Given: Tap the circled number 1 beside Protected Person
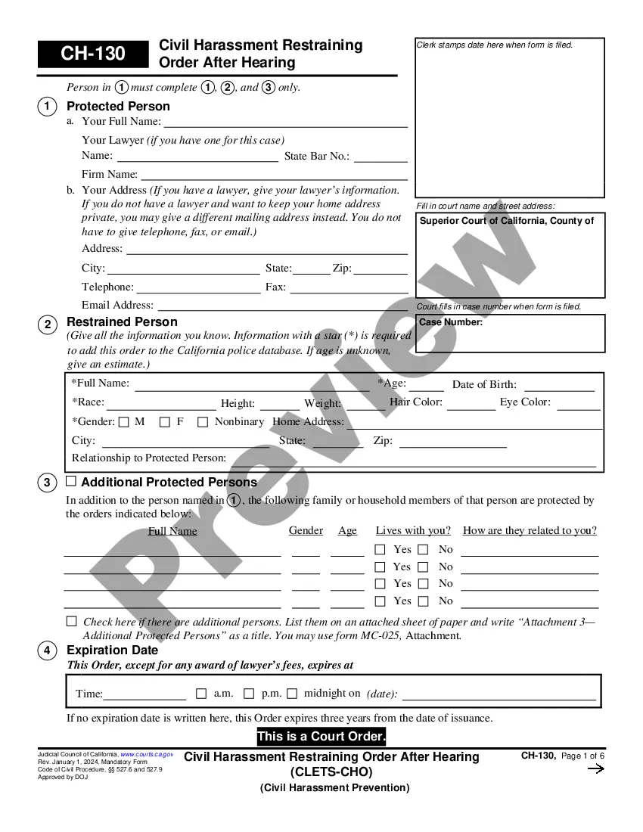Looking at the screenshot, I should coord(47,107).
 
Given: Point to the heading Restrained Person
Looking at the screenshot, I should coord(122,322).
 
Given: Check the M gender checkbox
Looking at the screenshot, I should coord(124,422).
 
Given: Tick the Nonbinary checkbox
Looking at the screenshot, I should coord(203,422).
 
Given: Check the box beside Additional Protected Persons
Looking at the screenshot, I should coord(71,481).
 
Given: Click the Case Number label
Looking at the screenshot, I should coord(451,322).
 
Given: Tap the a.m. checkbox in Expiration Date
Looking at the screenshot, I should coord(201,693).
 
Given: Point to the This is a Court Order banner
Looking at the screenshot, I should coord(321,737).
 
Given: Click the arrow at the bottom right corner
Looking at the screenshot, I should coord(595,769).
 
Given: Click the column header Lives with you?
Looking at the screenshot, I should coord(413,530).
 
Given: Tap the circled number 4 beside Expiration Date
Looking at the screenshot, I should coord(47,650).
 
